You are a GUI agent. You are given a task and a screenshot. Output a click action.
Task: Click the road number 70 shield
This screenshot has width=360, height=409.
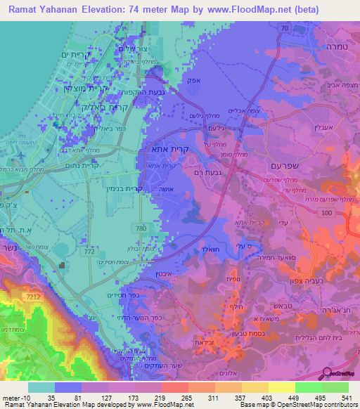(284, 27)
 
